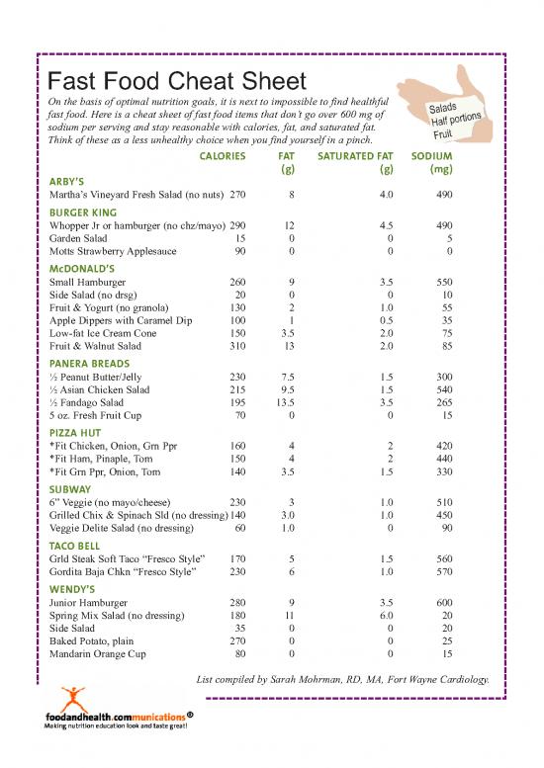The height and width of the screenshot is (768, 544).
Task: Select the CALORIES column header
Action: (x=224, y=156)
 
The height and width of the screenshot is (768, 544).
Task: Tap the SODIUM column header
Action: (x=431, y=156)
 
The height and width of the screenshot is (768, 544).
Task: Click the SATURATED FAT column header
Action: (x=355, y=156)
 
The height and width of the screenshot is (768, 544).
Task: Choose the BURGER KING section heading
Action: (x=83, y=213)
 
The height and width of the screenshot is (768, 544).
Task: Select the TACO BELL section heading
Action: (x=75, y=546)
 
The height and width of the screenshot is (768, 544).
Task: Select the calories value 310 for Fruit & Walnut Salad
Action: (x=236, y=347)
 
